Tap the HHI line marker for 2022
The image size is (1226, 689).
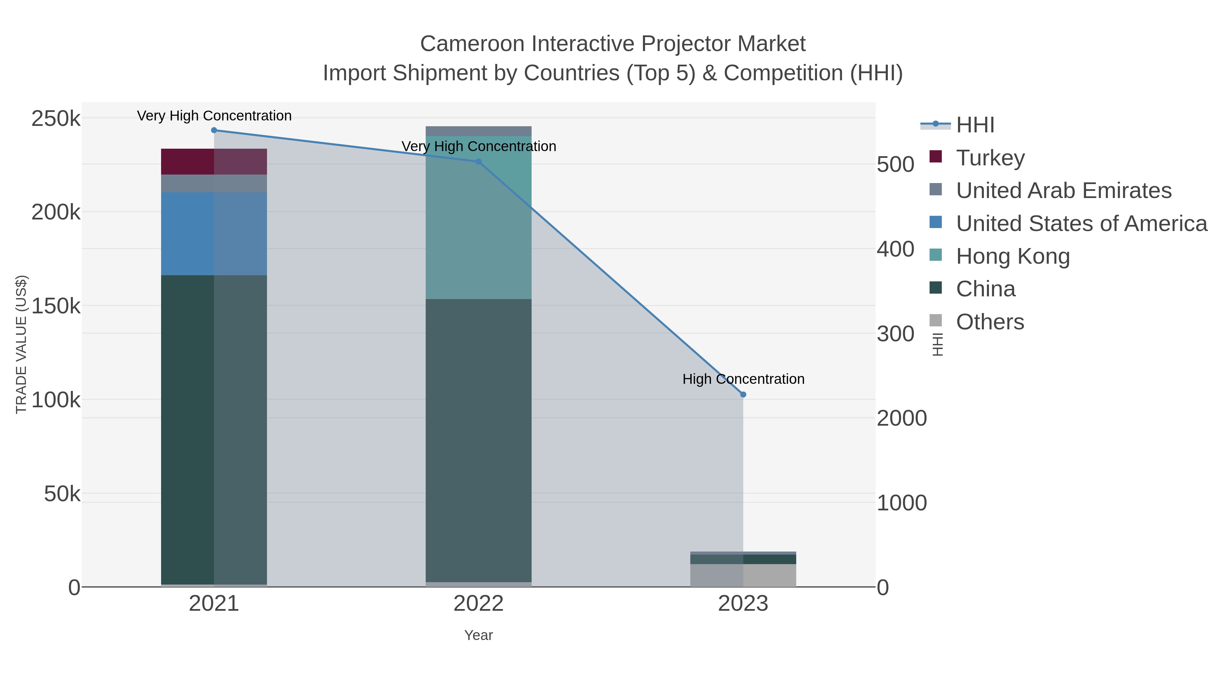click(479, 162)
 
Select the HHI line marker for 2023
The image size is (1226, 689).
click(743, 395)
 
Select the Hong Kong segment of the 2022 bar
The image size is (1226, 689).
click(478, 217)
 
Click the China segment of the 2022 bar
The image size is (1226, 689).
click(478, 440)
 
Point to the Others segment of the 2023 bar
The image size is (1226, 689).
click(743, 575)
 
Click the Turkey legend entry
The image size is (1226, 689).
click(990, 158)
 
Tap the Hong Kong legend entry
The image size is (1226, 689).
click(1012, 256)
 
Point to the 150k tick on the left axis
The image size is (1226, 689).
click(56, 306)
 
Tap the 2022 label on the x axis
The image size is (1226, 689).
click(478, 604)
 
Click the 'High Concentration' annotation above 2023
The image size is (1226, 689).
click(743, 379)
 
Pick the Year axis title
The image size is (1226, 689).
click(478, 635)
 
